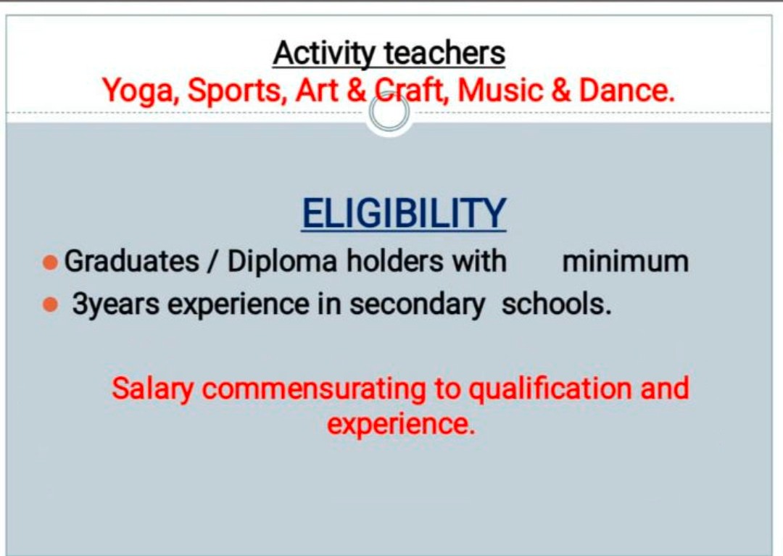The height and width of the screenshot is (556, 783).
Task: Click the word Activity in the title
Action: pos(323,54)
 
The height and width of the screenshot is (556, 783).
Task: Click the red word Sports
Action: pos(237,91)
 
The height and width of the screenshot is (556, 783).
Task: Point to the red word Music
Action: pos(500,90)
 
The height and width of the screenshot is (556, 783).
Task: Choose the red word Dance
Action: pos(626,90)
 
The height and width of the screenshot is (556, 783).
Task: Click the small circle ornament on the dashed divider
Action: pos(389,113)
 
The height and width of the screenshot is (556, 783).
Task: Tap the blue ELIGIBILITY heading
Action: pos(404,214)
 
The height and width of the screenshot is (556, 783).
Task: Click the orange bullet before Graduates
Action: pos(51,262)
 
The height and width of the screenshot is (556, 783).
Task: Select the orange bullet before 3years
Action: pos(51,304)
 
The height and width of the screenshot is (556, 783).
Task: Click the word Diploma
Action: pos(282,262)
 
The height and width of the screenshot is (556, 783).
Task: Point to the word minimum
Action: pos(625,261)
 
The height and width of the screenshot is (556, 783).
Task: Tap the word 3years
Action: pos(116,304)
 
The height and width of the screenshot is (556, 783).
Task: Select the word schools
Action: pos(556,303)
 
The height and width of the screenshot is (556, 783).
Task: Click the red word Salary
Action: pos(152,389)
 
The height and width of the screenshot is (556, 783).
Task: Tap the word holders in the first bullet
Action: pos(395,261)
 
